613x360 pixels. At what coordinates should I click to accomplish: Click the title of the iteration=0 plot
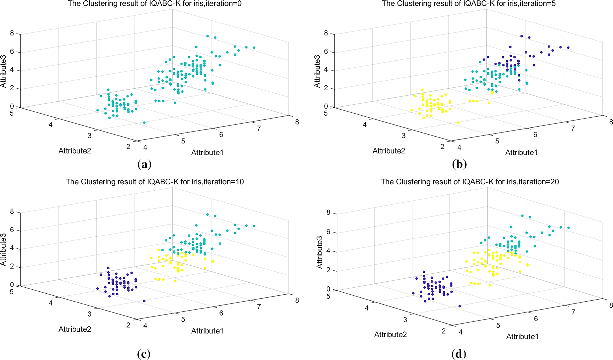pyautogui.click(x=155, y=4)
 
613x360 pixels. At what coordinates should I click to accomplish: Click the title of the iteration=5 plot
pyautogui.click(x=469, y=4)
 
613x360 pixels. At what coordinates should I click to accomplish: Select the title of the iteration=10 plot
pyautogui.click(x=155, y=182)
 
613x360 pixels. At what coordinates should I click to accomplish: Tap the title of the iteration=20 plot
pyautogui.click(x=470, y=182)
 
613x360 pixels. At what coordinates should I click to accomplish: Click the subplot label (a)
pyautogui.click(x=144, y=164)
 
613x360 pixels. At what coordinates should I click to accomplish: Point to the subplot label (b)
pyautogui.click(x=459, y=164)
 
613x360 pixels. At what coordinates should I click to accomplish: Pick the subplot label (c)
pyautogui.click(x=144, y=354)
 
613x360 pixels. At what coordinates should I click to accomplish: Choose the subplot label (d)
pyautogui.click(x=459, y=354)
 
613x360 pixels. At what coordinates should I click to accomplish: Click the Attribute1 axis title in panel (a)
pyautogui.click(x=207, y=152)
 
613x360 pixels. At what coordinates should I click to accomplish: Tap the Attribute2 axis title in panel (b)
pyautogui.click(x=389, y=151)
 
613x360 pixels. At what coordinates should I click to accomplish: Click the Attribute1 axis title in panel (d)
pyautogui.click(x=522, y=336)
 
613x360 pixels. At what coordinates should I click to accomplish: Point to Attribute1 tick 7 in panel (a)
pyautogui.click(x=259, y=128)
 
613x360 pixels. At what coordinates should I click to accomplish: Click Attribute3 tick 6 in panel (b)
pyautogui.click(x=326, y=51)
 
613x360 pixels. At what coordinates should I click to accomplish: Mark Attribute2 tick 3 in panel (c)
pyautogui.click(x=89, y=314)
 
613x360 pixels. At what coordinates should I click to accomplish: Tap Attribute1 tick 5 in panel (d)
pyautogui.click(x=498, y=325)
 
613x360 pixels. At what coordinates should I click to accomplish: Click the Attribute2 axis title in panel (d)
pyautogui.click(x=391, y=334)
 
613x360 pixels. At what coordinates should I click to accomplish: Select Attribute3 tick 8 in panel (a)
pyautogui.click(x=12, y=33)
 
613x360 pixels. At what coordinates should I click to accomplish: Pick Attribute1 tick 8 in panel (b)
pyautogui.click(x=611, y=122)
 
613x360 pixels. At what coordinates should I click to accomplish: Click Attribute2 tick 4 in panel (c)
pyautogui.click(x=50, y=303)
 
